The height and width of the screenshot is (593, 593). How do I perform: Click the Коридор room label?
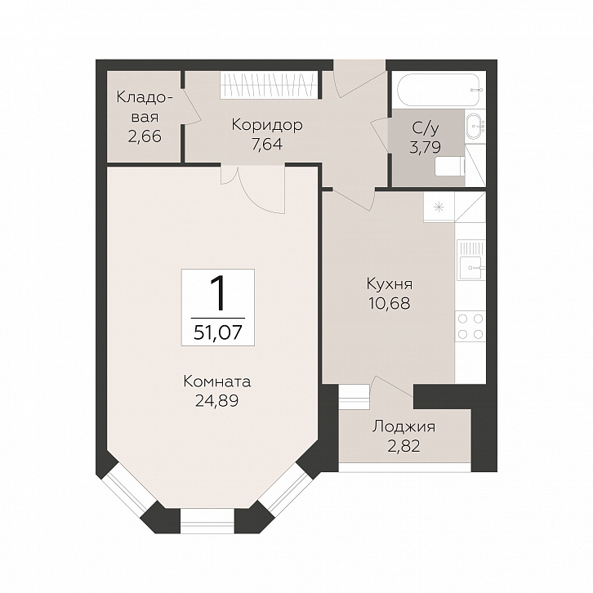pos(267,125)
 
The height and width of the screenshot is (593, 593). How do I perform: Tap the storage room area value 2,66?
pos(145,136)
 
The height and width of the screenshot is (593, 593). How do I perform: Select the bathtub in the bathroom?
pos(439,89)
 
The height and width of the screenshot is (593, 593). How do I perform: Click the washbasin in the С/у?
pos(475,127)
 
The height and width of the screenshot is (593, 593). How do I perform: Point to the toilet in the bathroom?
pos(450,167)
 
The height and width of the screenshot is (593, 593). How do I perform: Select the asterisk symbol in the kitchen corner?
pos(439,207)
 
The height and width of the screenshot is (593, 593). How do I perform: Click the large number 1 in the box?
pos(218,293)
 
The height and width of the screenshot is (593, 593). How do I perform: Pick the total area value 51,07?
pos(218,332)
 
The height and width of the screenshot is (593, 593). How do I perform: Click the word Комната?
pos(217,382)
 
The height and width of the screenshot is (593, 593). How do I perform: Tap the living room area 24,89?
pos(216,401)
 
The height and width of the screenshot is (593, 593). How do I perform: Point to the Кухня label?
pos(389,283)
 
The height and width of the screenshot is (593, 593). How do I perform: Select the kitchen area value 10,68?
pos(389,303)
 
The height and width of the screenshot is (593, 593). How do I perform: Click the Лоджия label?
pos(404,427)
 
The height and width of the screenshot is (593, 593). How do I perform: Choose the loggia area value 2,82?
pos(404,446)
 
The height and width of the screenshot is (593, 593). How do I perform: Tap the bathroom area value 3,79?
pos(425,147)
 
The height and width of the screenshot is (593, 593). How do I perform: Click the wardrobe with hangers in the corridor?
pos(269,85)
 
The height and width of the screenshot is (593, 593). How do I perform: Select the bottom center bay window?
pos(207,521)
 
